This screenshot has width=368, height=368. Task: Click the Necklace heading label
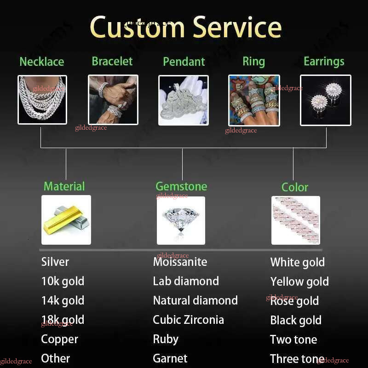42,62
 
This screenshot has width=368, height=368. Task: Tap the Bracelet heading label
112,61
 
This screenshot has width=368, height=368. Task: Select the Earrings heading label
324,61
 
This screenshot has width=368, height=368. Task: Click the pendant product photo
183,100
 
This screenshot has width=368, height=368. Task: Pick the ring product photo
254,100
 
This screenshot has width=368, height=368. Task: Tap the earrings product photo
325,100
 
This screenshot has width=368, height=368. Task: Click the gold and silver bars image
66,219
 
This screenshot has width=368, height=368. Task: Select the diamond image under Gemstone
181,220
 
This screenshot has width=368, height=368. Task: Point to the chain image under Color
295,220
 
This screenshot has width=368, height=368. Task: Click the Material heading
64,186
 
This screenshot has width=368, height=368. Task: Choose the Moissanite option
180,262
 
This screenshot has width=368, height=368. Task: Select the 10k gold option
63,281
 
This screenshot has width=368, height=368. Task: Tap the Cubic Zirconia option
188,320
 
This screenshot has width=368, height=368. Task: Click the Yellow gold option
299,282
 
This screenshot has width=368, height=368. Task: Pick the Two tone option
293,339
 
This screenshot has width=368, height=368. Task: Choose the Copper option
60,339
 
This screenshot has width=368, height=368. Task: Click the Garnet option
170,358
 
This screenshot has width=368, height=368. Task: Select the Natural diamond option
195,300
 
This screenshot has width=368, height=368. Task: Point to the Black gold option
296,320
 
